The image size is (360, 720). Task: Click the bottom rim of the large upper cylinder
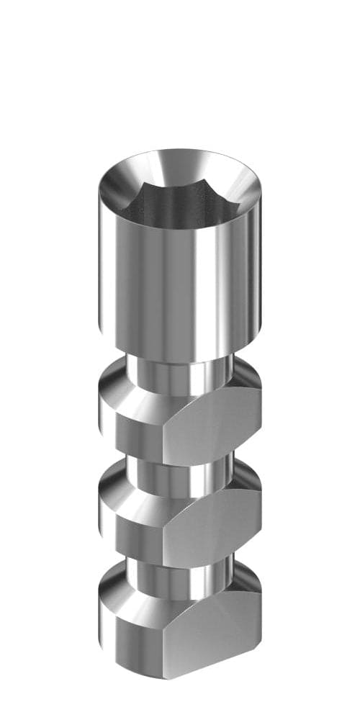[180, 356]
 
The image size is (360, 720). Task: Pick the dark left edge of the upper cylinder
[102, 274]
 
